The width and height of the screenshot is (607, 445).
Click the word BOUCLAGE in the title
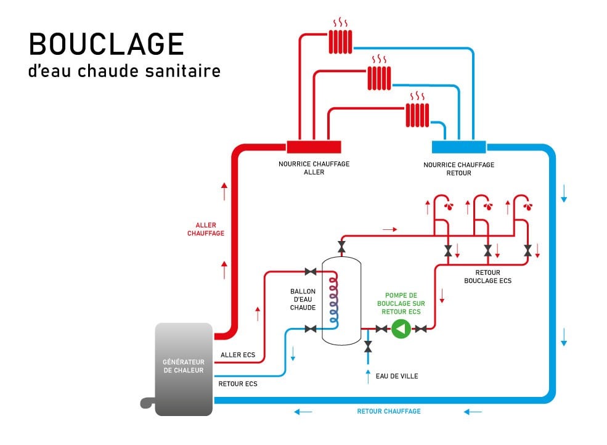point(106,45)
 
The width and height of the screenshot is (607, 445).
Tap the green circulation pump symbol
point(401,329)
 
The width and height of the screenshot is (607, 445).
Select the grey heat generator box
point(184,368)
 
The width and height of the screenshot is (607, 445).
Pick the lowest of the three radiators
point(417,114)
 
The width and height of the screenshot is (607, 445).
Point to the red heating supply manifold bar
point(314,147)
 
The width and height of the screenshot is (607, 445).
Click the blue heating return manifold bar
point(458,147)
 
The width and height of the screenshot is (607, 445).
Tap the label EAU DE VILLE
point(397,375)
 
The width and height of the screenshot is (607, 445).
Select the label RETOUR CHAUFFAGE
point(389,411)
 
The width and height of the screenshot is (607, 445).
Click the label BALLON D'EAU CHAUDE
point(303,299)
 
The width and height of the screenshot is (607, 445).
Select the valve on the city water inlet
point(369,348)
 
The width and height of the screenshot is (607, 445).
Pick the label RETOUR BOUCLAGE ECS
point(487,276)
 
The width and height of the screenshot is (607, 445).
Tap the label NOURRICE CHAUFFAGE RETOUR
point(458,169)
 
